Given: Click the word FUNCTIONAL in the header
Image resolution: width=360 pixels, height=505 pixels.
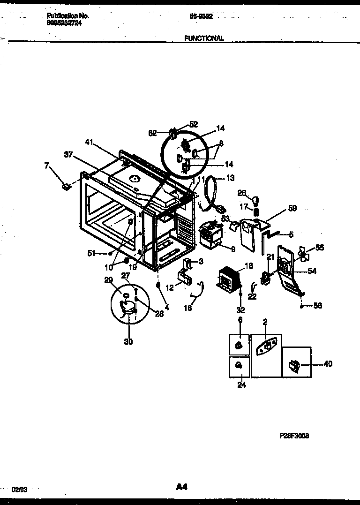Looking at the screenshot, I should point(204,38).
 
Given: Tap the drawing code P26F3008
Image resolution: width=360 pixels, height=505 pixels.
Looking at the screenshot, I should point(294,435).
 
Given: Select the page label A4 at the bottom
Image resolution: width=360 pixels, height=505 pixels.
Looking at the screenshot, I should point(182,487).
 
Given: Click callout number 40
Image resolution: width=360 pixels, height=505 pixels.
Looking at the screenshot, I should point(328,364).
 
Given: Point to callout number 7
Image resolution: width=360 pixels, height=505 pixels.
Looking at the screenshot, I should point(46,166).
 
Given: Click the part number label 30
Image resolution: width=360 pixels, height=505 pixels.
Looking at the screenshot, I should point(128,342).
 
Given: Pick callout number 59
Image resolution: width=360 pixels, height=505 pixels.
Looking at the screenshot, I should point(292,196).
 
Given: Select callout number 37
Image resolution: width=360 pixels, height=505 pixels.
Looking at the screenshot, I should point(68,154).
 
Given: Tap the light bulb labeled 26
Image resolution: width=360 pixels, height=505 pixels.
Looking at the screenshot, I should point(256,200).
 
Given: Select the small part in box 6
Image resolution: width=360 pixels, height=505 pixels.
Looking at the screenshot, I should point(239,346).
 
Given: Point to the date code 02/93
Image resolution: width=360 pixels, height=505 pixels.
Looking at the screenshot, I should point(19,489).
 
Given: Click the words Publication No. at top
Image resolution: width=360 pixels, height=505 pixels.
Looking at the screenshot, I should point(68,15).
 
